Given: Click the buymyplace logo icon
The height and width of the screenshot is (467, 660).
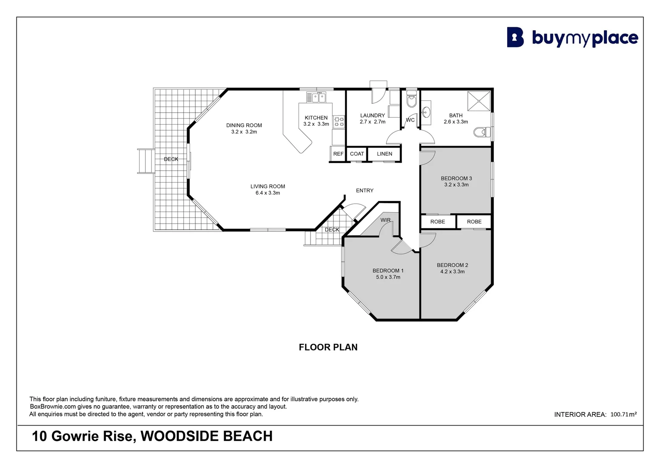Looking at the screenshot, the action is pyautogui.click(x=515, y=38).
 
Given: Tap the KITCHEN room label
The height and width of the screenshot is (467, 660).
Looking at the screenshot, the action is pyautogui.click(x=316, y=118).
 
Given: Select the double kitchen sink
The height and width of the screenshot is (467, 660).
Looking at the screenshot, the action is pyautogui.click(x=318, y=98).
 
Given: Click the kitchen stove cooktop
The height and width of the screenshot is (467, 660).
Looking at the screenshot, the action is pyautogui.click(x=339, y=122).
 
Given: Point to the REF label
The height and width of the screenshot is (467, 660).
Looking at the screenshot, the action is pyautogui.click(x=338, y=154).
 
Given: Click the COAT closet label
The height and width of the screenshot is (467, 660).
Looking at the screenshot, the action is pyautogui.click(x=357, y=154).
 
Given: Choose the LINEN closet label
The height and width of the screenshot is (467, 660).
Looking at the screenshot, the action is pyautogui.click(x=384, y=154).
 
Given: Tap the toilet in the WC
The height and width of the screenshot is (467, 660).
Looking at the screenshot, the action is pyautogui.click(x=411, y=101).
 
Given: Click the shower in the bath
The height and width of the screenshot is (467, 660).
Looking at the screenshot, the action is pyautogui.click(x=479, y=101).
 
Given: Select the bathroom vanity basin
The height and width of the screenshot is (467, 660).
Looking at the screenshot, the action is pyautogui.click(x=426, y=113).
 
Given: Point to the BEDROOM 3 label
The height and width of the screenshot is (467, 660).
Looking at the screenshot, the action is pyautogui.click(x=456, y=178).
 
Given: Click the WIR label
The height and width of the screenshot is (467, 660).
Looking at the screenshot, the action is pyautogui.click(x=385, y=220).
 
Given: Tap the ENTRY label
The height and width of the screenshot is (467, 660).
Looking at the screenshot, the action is pyautogui.click(x=365, y=191).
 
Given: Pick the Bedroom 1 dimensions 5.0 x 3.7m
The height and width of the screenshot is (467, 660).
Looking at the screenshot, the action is pyautogui.click(x=388, y=277).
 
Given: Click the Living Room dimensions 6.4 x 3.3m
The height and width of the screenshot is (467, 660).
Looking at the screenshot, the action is pyautogui.click(x=268, y=193).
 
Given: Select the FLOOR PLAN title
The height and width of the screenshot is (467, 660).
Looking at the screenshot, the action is pyautogui.click(x=328, y=347).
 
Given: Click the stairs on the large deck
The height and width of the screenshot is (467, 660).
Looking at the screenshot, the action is pyautogui.click(x=146, y=161).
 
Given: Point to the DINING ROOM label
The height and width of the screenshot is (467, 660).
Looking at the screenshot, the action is pyautogui.click(x=244, y=125).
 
